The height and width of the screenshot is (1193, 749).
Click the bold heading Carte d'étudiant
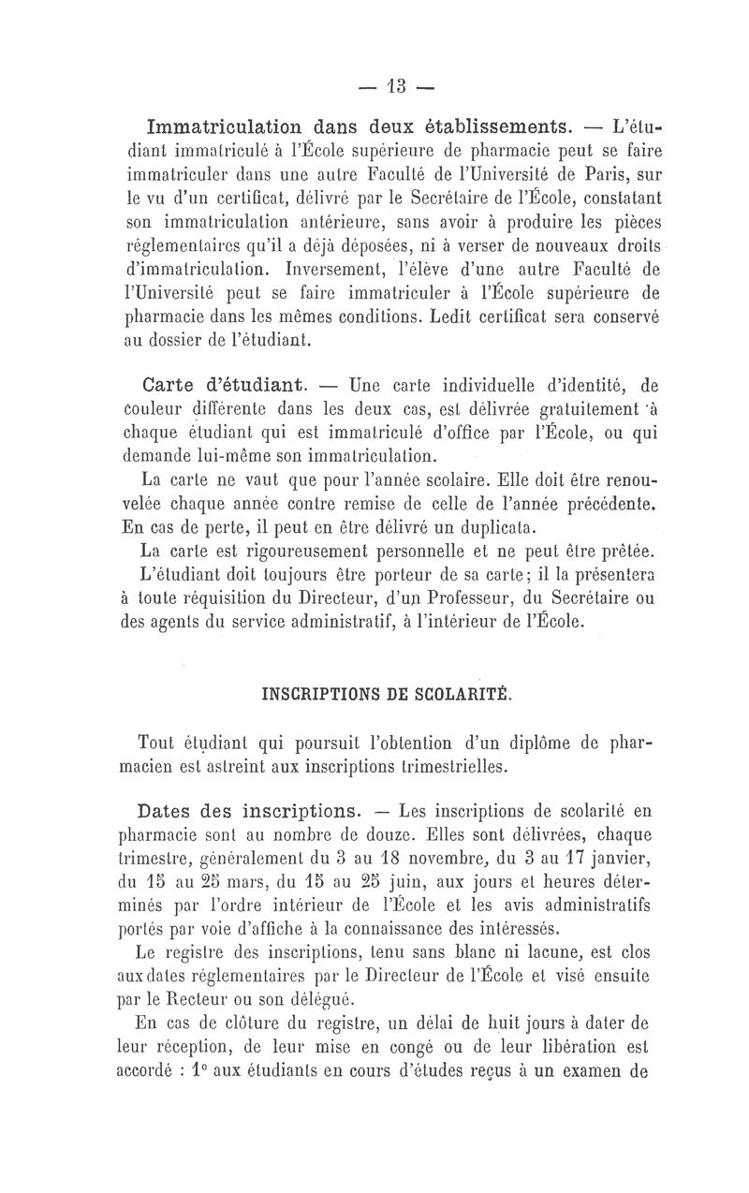[221, 384]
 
